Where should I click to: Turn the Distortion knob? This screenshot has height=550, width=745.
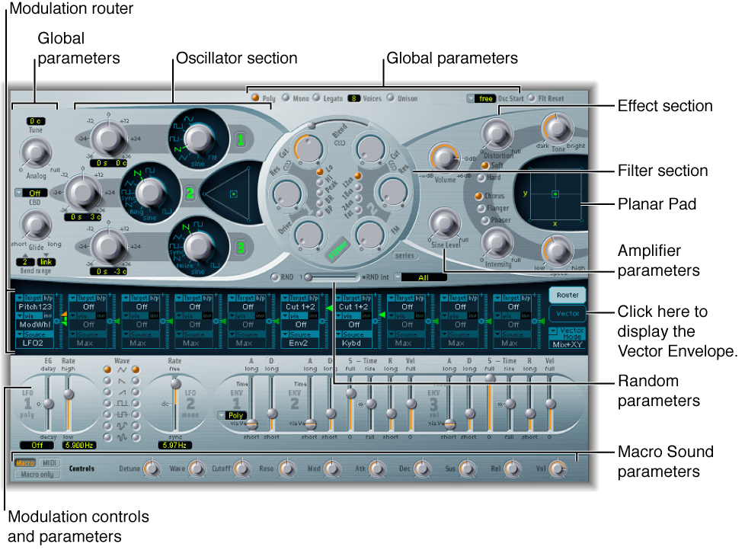(497, 135)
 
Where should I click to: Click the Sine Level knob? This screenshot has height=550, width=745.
(443, 223)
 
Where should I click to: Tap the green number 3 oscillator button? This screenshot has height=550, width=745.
(240, 249)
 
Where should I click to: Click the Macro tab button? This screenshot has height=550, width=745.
(25, 462)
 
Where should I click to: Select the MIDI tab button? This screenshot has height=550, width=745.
(49, 462)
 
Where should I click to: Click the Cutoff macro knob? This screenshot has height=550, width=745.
(243, 468)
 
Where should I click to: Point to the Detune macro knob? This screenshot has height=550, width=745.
(152, 468)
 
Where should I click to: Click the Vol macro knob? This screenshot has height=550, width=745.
(558, 468)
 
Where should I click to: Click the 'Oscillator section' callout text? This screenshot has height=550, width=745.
(236, 58)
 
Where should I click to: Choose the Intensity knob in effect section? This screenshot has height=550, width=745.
(497, 244)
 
